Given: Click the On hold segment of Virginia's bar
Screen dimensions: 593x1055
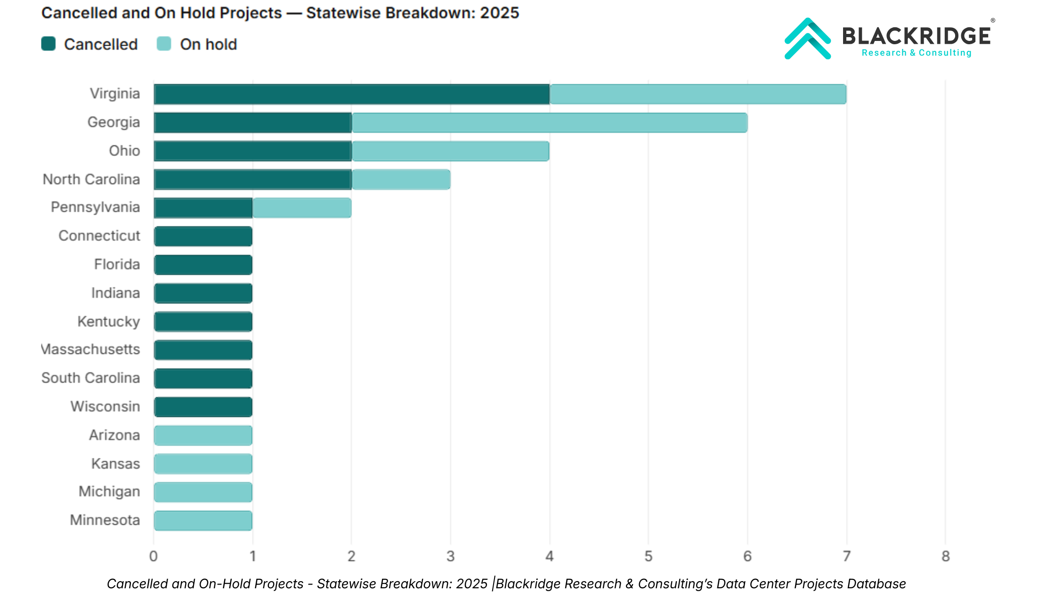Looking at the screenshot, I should coord(698,94).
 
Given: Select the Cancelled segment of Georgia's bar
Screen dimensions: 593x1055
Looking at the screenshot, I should coord(252,123).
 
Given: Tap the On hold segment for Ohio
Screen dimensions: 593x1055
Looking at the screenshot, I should coord(450,151).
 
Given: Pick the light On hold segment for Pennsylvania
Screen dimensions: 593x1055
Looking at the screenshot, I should coord(302,208).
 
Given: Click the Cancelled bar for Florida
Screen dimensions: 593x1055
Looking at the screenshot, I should coord(203,265).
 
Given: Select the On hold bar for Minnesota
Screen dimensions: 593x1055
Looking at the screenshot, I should coord(203,521).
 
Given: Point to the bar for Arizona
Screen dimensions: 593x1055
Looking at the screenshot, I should coord(203,435).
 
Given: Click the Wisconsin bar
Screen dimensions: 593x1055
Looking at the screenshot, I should coord(203,407).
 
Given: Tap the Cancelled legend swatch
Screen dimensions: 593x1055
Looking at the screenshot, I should coord(49,44).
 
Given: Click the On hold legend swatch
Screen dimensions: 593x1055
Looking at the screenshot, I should coord(164,44).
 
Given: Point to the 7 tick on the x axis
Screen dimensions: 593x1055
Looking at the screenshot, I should coord(846,556).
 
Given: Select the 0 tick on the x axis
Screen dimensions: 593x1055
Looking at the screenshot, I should coord(154,556).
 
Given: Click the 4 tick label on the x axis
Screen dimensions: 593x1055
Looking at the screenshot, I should coord(549,556).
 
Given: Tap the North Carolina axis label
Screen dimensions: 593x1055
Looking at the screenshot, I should coord(91,179).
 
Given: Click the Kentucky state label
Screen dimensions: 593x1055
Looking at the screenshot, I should coord(109,321).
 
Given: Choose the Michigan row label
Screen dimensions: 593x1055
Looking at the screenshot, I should coord(109,491).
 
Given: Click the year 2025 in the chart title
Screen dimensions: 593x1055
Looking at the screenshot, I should coord(499,13).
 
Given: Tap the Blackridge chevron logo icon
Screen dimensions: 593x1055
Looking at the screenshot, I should coord(807,39).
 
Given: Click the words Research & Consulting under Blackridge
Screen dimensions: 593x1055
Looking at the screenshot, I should coord(916,53).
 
